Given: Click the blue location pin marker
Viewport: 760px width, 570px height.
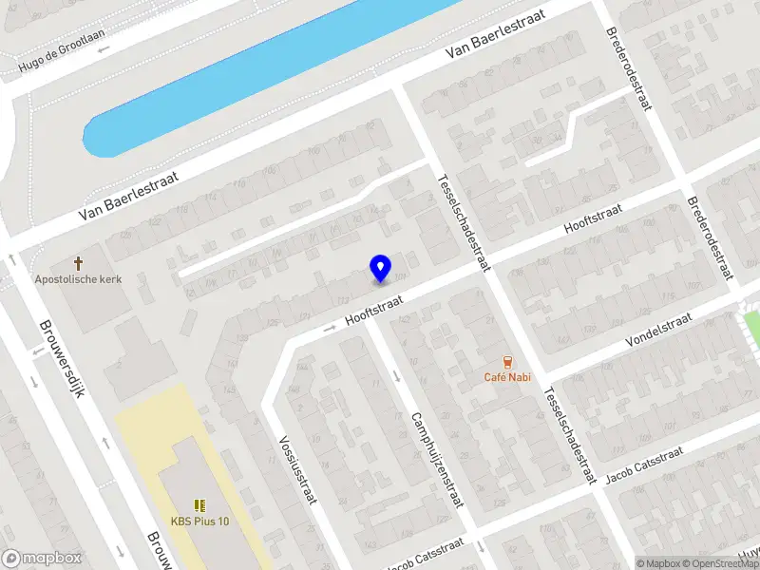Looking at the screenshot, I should [x=380, y=268].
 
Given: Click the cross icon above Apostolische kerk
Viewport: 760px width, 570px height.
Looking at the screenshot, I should [x=78, y=262].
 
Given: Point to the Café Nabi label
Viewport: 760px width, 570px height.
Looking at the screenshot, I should [x=506, y=377].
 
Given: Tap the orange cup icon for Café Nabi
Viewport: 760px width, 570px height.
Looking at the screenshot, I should [x=506, y=361].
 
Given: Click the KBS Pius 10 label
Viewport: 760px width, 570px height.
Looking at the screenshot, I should [x=199, y=521].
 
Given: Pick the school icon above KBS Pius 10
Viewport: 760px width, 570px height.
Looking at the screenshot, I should [x=199, y=504].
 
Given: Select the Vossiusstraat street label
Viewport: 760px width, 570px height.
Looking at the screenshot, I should [x=296, y=469].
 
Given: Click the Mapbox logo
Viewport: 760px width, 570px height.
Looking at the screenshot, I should [x=42, y=559].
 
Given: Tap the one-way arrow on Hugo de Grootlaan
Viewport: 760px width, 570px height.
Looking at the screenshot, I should [x=103, y=47].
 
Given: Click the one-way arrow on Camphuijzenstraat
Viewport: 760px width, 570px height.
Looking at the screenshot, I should [x=397, y=373].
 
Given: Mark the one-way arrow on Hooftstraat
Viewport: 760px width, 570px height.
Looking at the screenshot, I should [x=331, y=328].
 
